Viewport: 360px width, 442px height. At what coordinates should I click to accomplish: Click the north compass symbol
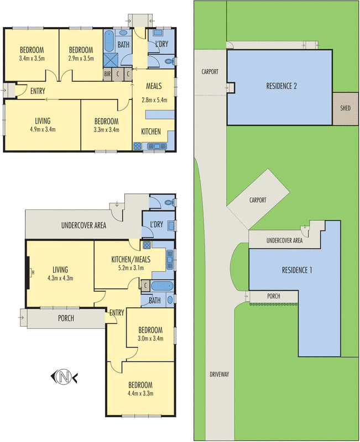(x=64, y=377)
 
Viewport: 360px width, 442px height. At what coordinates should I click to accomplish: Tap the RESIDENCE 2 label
(x=281, y=86)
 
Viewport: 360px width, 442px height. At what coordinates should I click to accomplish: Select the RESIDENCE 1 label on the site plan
(x=297, y=270)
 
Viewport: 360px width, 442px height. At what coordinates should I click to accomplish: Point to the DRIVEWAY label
(x=220, y=374)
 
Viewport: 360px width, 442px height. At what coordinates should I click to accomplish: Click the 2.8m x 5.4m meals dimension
(x=154, y=100)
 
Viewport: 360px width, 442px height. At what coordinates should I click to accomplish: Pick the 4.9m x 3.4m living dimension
(x=42, y=129)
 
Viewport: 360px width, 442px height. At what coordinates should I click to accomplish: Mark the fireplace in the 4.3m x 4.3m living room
(x=28, y=271)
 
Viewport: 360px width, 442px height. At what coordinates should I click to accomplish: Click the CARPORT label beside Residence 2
(x=210, y=72)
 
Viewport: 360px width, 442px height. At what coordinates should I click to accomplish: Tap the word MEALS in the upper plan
(x=154, y=86)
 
